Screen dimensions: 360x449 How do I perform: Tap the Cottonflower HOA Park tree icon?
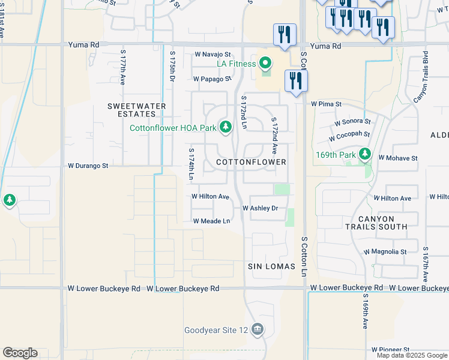point(226,127)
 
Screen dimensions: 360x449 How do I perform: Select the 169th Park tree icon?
point(364,154)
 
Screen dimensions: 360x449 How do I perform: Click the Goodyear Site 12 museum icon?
point(258,329)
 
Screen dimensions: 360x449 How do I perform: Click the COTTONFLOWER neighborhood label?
point(251,163)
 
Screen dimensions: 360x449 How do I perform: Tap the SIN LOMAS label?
point(271,266)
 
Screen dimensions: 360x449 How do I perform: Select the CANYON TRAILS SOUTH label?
point(376,223)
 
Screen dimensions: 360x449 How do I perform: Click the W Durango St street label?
point(88,166)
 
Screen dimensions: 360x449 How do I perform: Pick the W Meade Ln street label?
point(211,221)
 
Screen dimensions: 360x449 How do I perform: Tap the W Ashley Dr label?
point(260,208)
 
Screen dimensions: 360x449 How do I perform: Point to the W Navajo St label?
point(212,55)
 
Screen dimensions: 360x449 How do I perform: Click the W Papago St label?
point(212,79)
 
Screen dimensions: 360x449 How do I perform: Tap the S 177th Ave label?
point(122,66)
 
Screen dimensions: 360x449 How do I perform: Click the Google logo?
point(20,353)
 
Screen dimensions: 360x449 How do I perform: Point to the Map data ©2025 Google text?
point(411,355)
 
